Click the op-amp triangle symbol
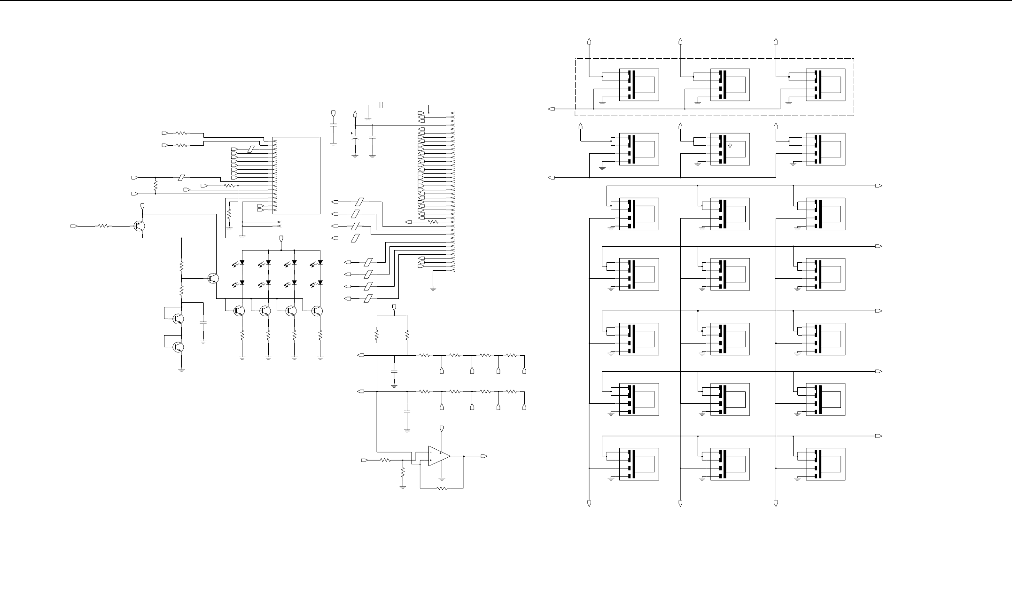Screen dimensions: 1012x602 [439, 456]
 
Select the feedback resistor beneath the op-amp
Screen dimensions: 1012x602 [442, 489]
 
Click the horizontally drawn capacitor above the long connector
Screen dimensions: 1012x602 [382, 104]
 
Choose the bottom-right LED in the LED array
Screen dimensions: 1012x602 [320, 282]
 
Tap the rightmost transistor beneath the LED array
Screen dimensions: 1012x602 [318, 311]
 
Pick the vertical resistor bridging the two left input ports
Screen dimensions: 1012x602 [155, 185]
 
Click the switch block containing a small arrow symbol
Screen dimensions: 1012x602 [730, 149]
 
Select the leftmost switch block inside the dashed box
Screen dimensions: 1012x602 [639, 85]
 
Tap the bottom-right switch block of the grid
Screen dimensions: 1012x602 [825, 464]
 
